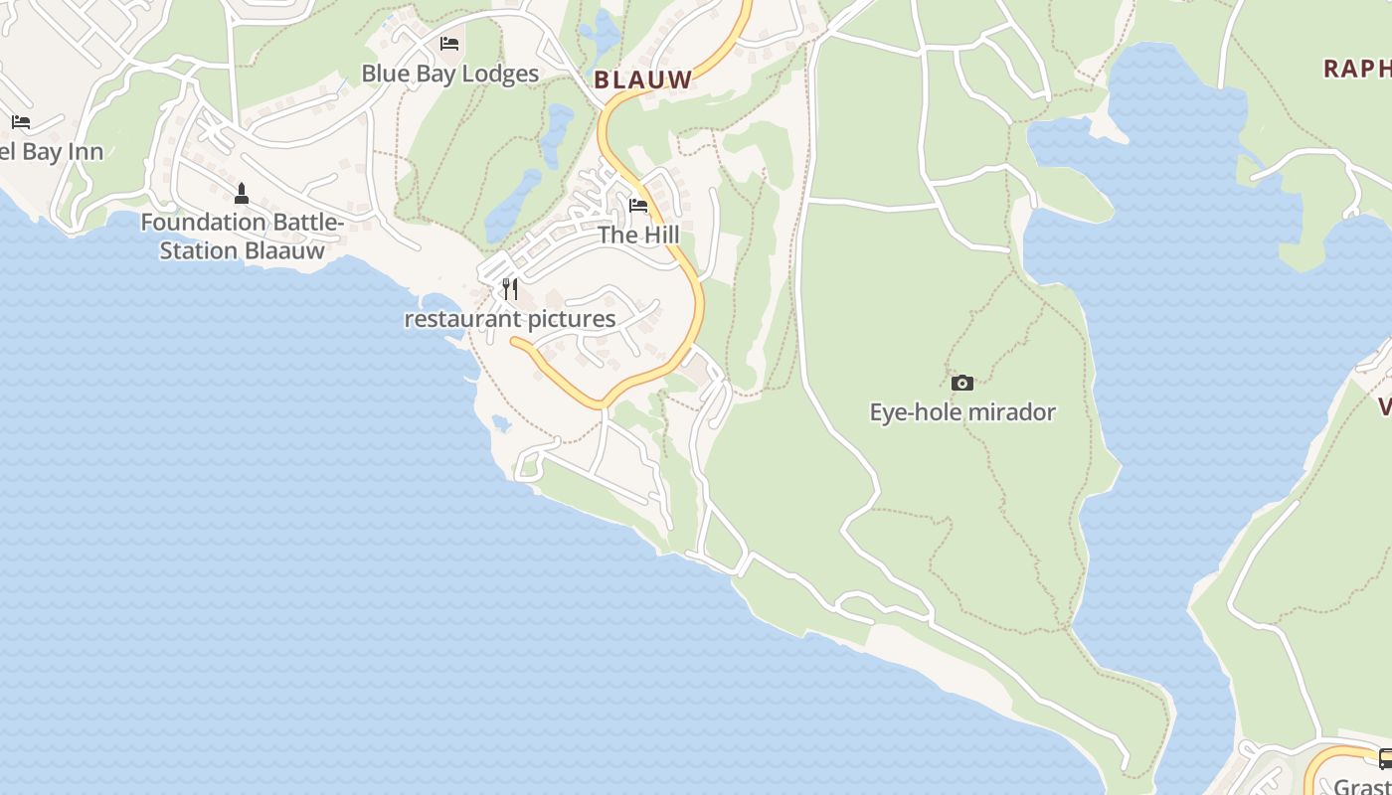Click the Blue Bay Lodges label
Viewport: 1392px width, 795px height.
449,74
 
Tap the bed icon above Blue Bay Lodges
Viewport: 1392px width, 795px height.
449,44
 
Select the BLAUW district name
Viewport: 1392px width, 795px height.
642,80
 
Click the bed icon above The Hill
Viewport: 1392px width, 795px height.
638,206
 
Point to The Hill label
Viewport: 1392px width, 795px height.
638,236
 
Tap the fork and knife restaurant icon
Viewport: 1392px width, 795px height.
510,289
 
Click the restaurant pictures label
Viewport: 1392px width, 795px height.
510,319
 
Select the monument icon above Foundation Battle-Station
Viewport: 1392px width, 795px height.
241,193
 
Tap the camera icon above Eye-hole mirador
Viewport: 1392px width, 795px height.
961,383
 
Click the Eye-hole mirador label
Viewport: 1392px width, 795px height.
961,412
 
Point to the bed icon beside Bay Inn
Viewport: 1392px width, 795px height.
21,122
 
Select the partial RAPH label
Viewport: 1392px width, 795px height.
1357,69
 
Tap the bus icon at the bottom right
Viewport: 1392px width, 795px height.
1385,758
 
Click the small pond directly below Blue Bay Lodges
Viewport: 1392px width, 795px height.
556,123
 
